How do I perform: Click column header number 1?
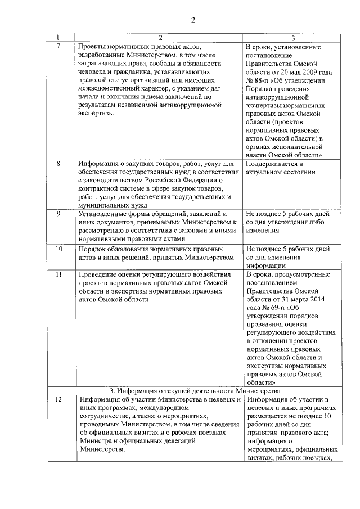[x=58, y=38]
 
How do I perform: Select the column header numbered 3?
[x=292, y=38]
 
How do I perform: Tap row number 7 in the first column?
[x=58, y=45]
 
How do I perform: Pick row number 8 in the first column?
[x=58, y=164]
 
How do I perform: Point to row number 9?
[x=58, y=214]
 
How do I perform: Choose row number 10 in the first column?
[x=58, y=248]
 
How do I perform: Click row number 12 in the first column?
[x=58, y=400]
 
